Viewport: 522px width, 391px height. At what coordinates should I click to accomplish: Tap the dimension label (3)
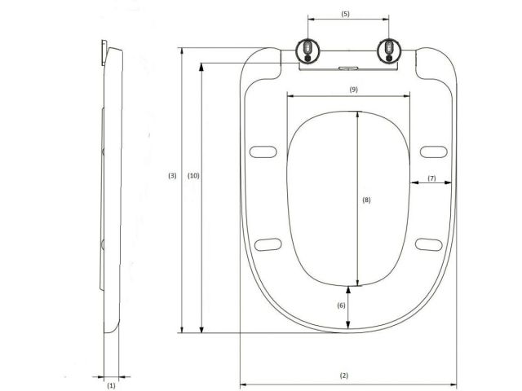click(172, 176)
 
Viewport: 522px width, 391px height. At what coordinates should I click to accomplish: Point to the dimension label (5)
click(344, 14)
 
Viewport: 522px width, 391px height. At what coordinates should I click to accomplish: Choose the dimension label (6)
click(342, 305)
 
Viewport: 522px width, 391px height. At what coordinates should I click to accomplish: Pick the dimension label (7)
click(431, 178)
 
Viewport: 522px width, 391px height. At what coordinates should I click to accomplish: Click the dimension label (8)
click(366, 200)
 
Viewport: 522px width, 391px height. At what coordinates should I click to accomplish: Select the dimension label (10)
click(193, 176)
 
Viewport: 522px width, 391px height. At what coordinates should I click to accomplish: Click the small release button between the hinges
click(348, 68)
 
